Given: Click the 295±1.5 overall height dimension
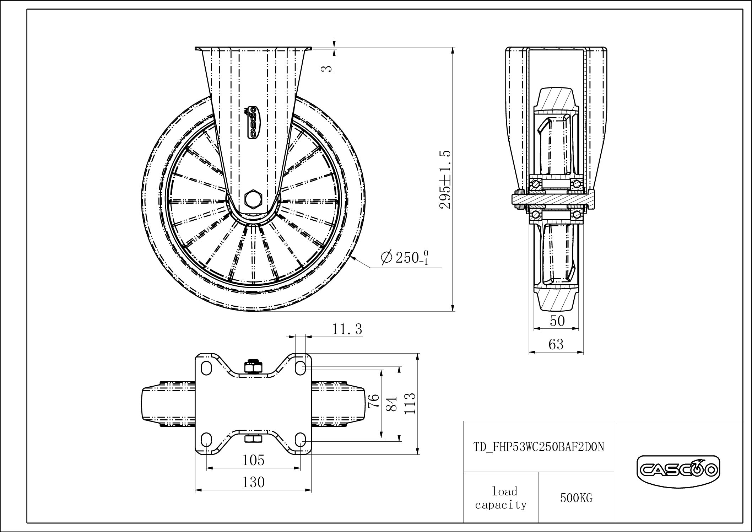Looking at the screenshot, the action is click(x=445, y=179).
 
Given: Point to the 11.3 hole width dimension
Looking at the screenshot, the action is click(x=347, y=329).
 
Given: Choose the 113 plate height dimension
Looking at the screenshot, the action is click(x=410, y=403).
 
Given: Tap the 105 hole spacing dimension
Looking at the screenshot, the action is click(x=254, y=460).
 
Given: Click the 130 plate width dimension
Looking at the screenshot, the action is click(x=254, y=482).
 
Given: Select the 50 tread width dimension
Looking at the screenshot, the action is click(x=557, y=321).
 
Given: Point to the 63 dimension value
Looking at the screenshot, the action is click(x=556, y=344).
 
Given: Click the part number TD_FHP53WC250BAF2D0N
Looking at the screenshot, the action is click(x=539, y=447).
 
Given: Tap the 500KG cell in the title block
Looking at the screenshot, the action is click(x=576, y=498).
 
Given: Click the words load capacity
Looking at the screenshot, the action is click(x=501, y=498).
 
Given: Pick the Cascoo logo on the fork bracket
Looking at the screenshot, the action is click(x=253, y=123).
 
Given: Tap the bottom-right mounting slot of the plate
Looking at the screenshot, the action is click(x=301, y=439).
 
